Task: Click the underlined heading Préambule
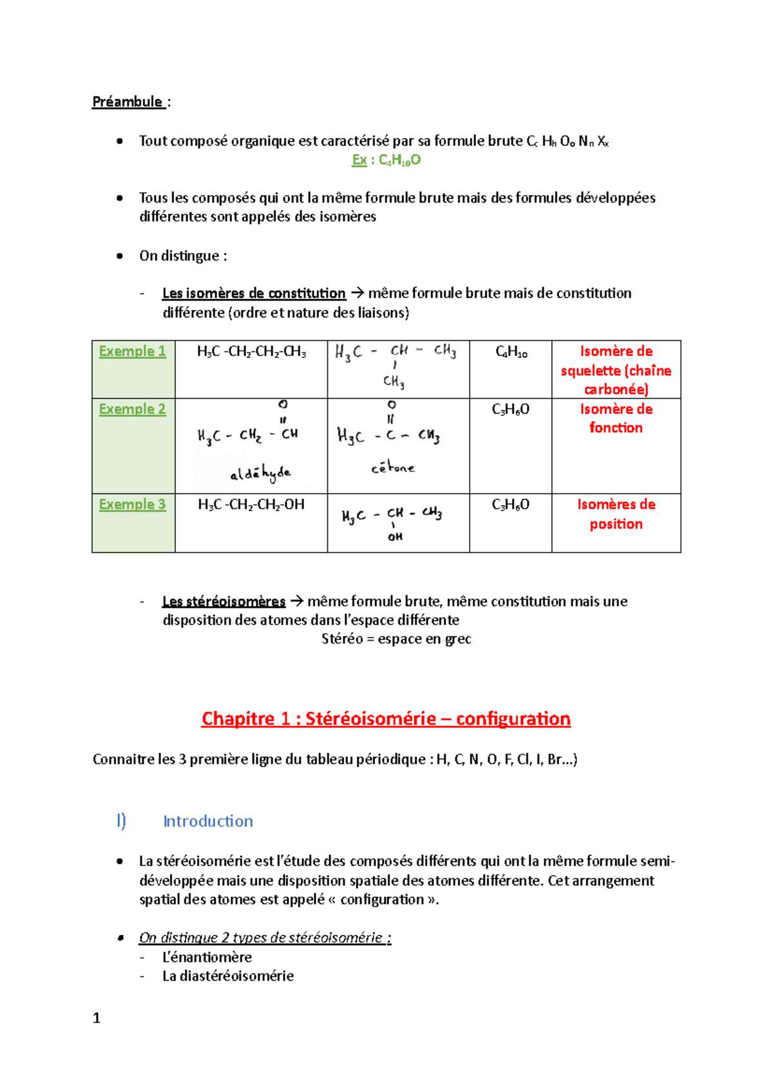pos(128,102)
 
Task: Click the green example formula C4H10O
pos(386,160)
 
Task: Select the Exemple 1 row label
pos(132,352)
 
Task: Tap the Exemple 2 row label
pos(132,409)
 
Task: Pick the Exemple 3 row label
pos(132,505)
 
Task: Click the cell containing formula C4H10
pos(511,352)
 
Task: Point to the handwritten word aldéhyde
pos(260,474)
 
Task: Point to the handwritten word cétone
pos(393,468)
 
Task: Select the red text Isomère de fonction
pos(616,419)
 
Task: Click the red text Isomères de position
pos(616,514)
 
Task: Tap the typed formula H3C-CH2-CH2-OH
pos(251,505)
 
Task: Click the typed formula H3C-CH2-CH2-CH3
pos(251,352)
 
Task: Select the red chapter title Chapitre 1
pos(386,719)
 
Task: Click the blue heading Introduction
pos(207,822)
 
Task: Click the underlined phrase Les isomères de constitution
pos(254,294)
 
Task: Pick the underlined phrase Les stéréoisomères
pos(224,601)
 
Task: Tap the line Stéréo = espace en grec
pos(396,639)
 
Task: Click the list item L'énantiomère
pos(207,957)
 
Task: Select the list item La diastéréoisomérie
pos(228,976)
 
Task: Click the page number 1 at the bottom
pos(97,1018)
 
